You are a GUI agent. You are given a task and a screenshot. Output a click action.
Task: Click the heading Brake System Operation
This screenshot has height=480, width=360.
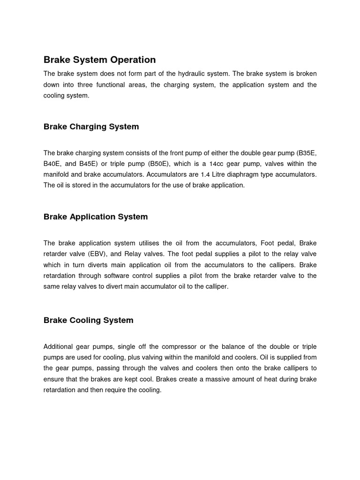99,60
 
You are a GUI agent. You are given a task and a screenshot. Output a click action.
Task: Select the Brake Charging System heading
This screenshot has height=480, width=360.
91,127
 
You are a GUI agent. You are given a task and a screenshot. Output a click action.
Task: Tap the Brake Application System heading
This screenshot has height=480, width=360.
96,217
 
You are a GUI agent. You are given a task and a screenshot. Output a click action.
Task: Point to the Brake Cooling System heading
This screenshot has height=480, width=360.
88,320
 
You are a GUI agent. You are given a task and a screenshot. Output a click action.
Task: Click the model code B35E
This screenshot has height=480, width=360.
306,153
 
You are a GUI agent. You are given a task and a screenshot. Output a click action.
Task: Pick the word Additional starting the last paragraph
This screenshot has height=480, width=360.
58,346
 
